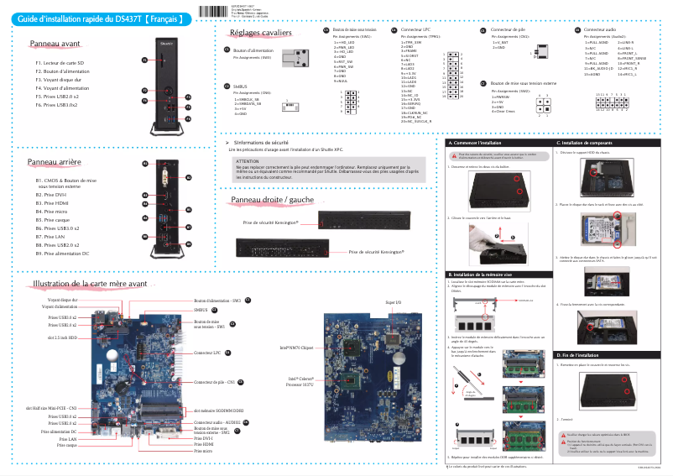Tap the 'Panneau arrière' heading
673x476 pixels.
tap(55, 160)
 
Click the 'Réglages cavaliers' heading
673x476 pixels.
tap(260, 33)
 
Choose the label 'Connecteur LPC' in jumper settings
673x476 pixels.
tap(418, 29)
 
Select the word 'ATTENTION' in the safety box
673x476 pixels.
tap(248, 160)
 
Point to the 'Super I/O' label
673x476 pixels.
tap(392, 301)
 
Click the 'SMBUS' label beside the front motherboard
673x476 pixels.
tap(201, 310)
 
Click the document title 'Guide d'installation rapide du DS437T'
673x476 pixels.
tap(98, 18)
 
